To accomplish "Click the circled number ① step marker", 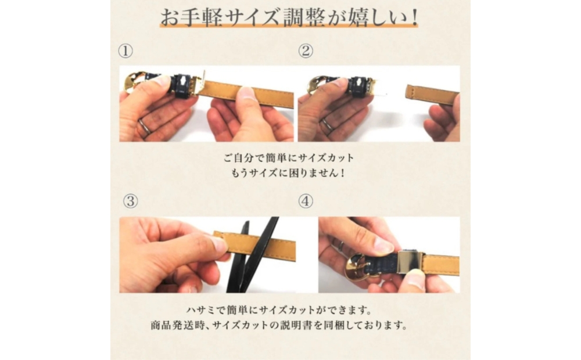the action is coord(125,51).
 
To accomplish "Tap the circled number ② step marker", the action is coord(306,51).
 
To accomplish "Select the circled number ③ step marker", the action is coord(130,201).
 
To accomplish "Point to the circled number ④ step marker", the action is coord(306,201).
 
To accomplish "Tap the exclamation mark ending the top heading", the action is coord(414,17).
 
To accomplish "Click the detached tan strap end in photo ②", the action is coord(432,95).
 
